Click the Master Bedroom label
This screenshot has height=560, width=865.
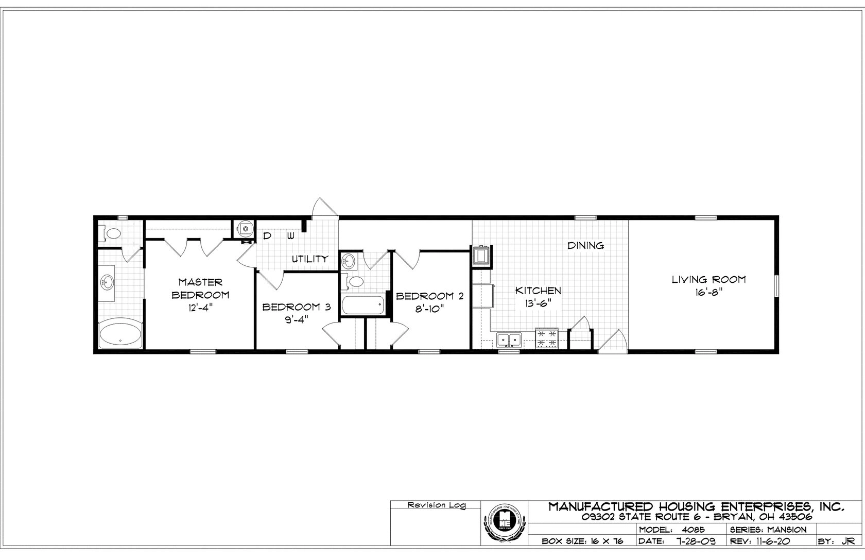200,289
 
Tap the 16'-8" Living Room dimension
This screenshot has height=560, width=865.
708,292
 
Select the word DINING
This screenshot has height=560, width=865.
585,246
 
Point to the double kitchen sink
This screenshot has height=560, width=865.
509,340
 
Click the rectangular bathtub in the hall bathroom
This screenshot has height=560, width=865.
364,306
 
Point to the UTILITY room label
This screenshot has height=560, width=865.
310,259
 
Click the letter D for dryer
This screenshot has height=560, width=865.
267,236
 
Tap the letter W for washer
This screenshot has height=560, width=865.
291,236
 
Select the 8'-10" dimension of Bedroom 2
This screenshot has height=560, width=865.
430,309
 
